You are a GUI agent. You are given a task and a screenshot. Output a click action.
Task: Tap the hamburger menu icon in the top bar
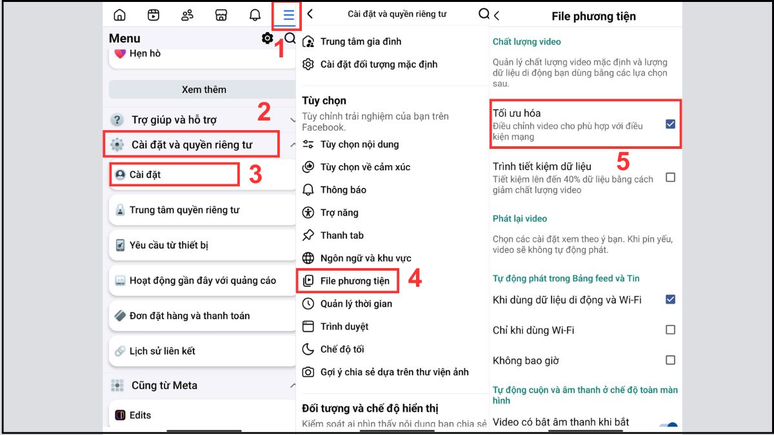[x=288, y=15]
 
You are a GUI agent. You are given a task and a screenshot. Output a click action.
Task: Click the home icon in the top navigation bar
[x=119, y=15]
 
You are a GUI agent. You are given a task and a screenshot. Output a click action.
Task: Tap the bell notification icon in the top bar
[x=255, y=15]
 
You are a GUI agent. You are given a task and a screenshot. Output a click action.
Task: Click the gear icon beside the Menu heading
[x=267, y=38]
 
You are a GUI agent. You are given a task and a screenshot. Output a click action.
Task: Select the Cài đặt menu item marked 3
[x=144, y=175]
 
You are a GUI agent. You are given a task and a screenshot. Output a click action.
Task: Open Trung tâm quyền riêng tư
[x=184, y=210]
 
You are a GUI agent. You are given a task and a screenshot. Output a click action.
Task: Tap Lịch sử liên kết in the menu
[x=162, y=351]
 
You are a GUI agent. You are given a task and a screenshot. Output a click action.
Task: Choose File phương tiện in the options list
[x=355, y=281]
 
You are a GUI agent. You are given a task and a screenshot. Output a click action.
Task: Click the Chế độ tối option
[x=342, y=349]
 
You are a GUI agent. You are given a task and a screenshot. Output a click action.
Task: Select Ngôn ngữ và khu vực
[x=366, y=258]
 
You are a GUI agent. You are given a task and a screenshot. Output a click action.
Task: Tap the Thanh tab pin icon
[x=308, y=235]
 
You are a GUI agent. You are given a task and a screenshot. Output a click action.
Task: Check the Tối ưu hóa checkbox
[x=670, y=124]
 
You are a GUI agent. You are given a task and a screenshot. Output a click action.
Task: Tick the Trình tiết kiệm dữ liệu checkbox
[x=670, y=177]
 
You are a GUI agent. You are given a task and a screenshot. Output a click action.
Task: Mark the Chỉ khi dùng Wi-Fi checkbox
[x=670, y=330]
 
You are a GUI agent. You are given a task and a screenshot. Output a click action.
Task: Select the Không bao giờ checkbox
[x=670, y=360]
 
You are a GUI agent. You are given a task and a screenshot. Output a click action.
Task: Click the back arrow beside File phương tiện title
[x=497, y=15]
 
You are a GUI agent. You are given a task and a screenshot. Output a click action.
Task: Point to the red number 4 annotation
[x=415, y=278]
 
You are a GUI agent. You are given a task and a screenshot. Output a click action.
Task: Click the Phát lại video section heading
[x=520, y=218]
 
